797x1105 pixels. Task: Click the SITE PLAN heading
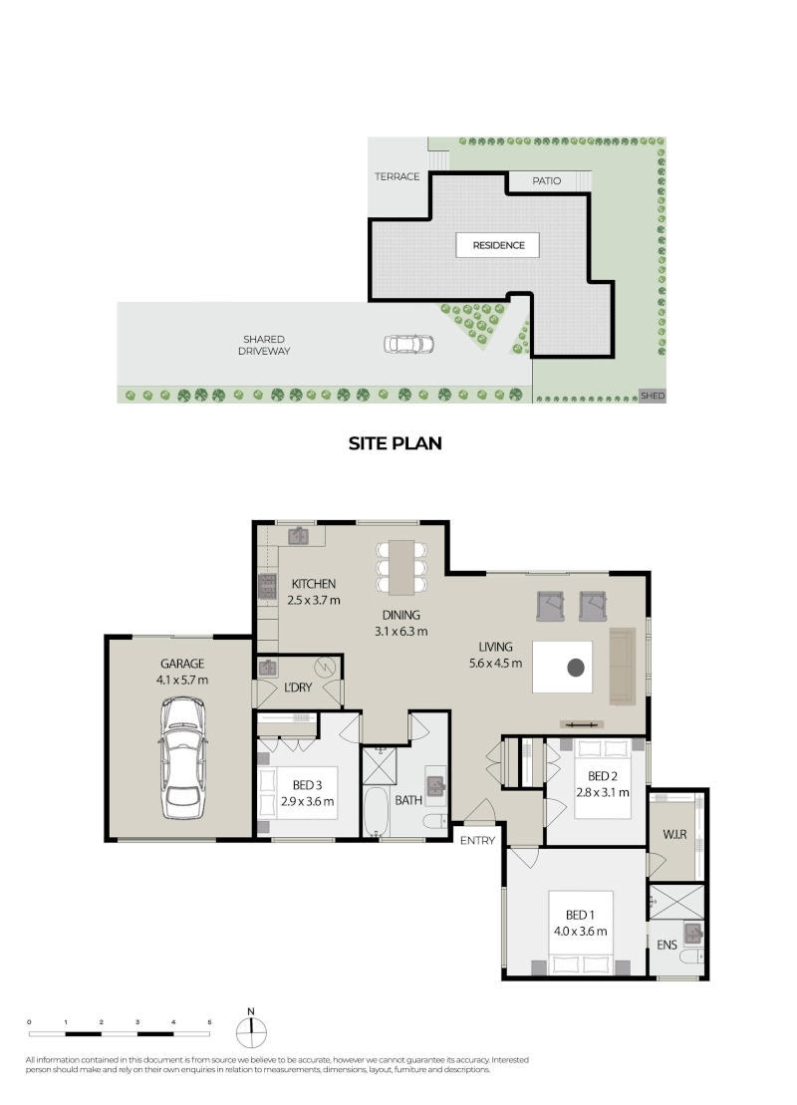tap(395, 443)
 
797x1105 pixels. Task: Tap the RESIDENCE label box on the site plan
tap(497, 245)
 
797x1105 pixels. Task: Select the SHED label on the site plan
tap(652, 396)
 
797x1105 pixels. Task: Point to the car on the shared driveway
tap(408, 345)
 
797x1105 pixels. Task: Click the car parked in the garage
tap(182, 758)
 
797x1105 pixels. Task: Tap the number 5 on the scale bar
tap(209, 1022)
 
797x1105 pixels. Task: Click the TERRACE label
tap(397, 177)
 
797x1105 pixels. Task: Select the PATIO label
tap(546, 181)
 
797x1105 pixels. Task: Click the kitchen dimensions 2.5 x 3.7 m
tap(314, 601)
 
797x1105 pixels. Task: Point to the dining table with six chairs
tap(400, 567)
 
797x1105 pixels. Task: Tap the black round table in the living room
tap(576, 667)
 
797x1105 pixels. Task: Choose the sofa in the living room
tap(623, 666)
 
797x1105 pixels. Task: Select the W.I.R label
tap(674, 834)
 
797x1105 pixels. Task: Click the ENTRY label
tap(477, 840)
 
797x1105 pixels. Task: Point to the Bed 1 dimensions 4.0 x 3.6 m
tap(580, 931)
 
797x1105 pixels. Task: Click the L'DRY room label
tap(297, 688)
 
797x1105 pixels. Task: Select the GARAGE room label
tap(181, 664)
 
